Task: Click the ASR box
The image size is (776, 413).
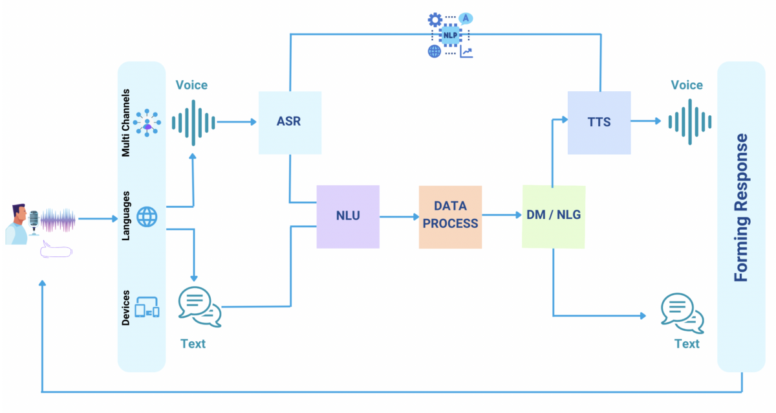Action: click(x=290, y=122)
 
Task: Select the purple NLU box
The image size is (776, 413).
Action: click(x=347, y=217)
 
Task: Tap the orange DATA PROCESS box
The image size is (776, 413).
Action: click(x=450, y=217)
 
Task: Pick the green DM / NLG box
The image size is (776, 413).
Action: click(x=553, y=217)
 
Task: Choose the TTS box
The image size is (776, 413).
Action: click(x=599, y=122)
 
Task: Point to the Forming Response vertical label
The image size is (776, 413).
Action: click(x=741, y=207)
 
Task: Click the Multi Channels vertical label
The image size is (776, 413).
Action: click(x=127, y=122)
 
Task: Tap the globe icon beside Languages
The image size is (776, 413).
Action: click(x=147, y=217)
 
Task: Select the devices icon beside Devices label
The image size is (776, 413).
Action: click(x=147, y=307)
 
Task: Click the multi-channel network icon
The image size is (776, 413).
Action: click(x=148, y=122)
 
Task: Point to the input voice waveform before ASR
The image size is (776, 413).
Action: click(x=193, y=122)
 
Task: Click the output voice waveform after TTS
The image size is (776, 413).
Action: click(x=689, y=122)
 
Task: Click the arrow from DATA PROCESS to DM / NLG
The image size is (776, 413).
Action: click(x=501, y=214)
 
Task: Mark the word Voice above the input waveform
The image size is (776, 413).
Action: click(x=191, y=85)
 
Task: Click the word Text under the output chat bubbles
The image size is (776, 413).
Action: click(x=687, y=344)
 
